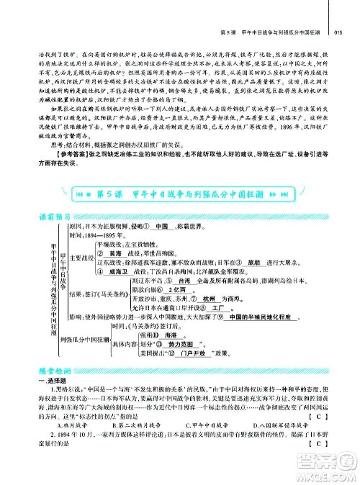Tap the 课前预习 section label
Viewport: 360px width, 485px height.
[x=53, y=219]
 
